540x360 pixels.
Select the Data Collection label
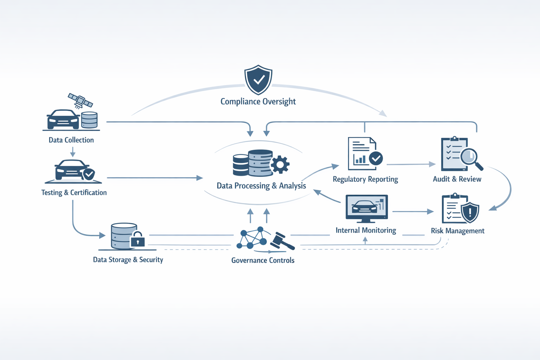[71, 140]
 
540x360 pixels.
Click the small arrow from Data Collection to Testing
[73, 152]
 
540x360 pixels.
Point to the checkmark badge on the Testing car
[89, 174]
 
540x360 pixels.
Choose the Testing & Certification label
[74, 193]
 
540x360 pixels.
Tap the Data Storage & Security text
[128, 260]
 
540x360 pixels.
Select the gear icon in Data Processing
[280, 164]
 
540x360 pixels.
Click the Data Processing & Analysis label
[261, 186]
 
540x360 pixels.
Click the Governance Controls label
[263, 261]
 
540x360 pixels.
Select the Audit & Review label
[457, 179]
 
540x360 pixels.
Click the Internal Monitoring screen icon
[367, 208]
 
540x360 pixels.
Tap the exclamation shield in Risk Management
[470, 212]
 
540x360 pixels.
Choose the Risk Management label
[458, 231]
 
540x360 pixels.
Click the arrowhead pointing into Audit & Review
[432, 164]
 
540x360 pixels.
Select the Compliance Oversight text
[258, 102]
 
